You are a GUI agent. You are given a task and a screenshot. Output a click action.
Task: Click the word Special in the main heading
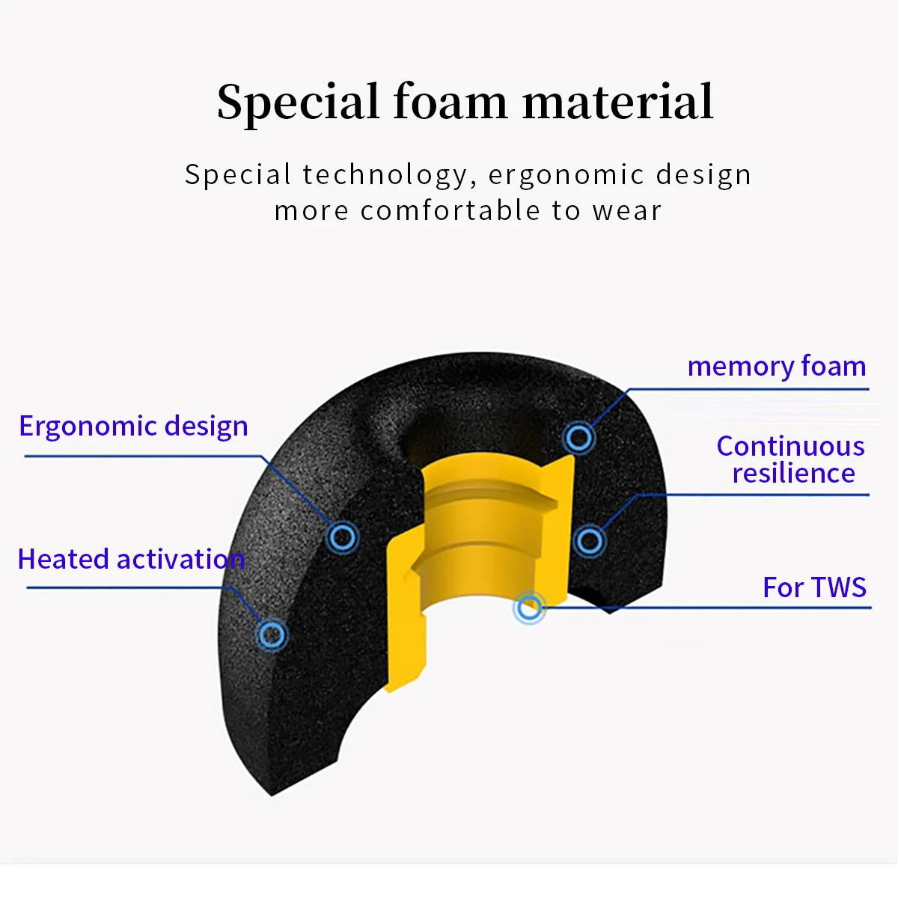(298, 103)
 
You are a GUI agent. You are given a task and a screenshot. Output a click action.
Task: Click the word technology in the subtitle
(385, 175)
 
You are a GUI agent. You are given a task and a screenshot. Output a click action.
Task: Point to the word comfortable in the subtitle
(451, 211)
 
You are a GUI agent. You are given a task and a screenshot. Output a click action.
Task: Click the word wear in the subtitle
(627, 211)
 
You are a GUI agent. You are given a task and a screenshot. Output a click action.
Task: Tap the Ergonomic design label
(133, 426)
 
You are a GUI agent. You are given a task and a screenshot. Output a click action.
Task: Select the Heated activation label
(131, 559)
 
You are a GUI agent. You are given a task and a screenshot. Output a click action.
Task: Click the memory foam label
(776, 367)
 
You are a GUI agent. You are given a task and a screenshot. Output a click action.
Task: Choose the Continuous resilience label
(791, 459)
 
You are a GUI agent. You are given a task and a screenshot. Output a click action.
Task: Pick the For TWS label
(814, 587)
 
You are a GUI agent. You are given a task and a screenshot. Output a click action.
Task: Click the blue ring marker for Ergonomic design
(342, 537)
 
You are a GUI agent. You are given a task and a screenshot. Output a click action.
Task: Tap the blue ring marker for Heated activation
(271, 635)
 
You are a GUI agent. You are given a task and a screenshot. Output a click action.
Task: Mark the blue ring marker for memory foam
(578, 437)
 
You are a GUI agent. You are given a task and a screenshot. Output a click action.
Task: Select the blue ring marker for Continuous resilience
(590, 540)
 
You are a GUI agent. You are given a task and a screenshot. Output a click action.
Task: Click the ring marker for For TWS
(529, 608)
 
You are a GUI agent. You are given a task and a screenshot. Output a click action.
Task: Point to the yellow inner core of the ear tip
(479, 539)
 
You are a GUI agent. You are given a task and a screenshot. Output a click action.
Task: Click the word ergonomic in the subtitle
(566, 175)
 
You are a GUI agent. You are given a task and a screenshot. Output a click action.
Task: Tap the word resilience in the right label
(793, 474)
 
